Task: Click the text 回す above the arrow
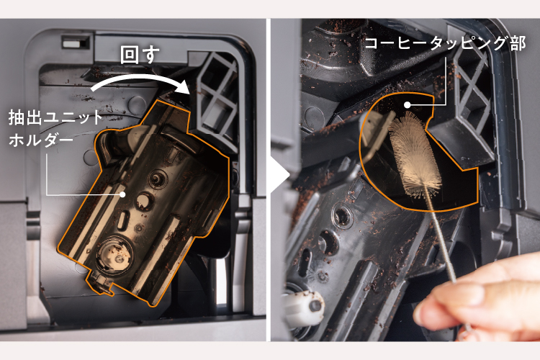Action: (x=140, y=55)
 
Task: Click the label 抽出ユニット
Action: (x=55, y=117)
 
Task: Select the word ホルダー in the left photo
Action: (x=40, y=140)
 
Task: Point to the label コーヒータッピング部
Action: (x=445, y=43)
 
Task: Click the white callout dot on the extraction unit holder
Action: (x=122, y=194)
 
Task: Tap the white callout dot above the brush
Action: (x=407, y=104)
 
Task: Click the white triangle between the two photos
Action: (x=283, y=174)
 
